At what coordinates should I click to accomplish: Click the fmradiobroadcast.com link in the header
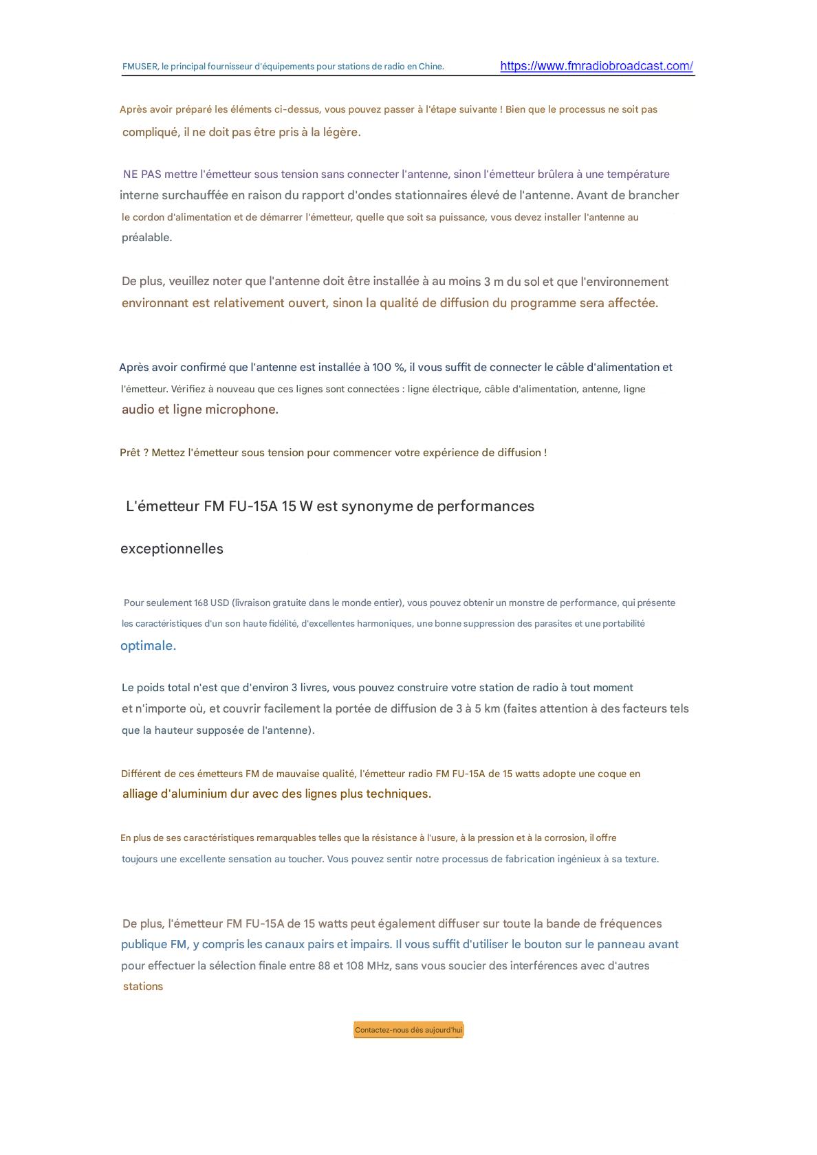pyautogui.click(x=596, y=66)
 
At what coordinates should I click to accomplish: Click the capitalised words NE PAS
pyautogui.click(x=142, y=175)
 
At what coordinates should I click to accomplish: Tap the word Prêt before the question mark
pyautogui.click(x=129, y=453)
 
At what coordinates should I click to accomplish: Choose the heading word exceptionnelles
pyautogui.click(x=172, y=549)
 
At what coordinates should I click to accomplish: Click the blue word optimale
pyautogui.click(x=148, y=646)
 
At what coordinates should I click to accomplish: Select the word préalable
pyautogui.click(x=146, y=238)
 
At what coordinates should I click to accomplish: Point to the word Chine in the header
pyautogui.click(x=431, y=67)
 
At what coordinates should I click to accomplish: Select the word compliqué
pyautogui.click(x=151, y=133)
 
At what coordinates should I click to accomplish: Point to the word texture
pyautogui.click(x=640, y=860)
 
